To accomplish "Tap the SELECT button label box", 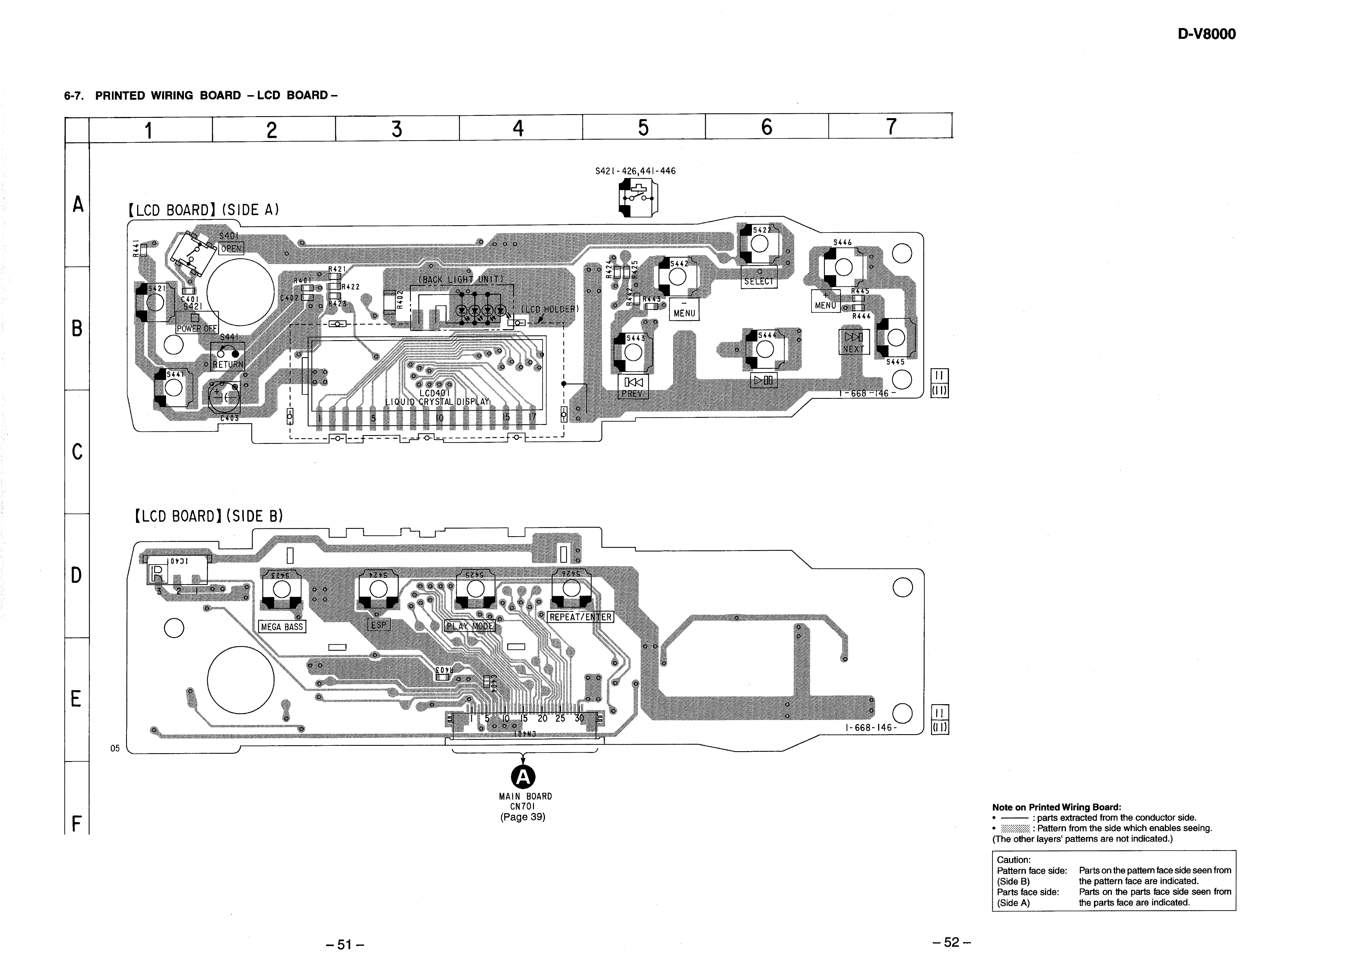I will point(759,281).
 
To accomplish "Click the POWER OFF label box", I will point(197,328).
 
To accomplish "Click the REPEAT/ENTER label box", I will point(580,617).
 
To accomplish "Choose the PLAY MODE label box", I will point(470,626).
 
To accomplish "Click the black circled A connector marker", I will point(522,777).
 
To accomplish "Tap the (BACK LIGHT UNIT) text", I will point(461,279).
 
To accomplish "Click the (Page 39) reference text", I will point(522,817).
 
